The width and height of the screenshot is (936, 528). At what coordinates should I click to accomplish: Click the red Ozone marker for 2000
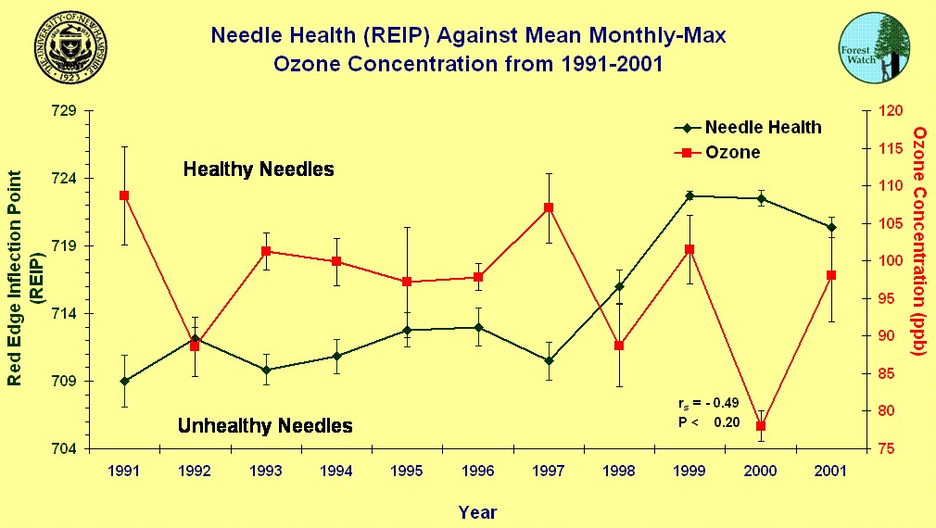(x=761, y=426)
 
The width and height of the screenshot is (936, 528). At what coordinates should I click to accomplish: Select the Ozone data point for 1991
(x=124, y=195)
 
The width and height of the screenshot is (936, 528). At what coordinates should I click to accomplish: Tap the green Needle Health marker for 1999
(x=689, y=195)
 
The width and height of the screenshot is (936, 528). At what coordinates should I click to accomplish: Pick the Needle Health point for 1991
(x=124, y=381)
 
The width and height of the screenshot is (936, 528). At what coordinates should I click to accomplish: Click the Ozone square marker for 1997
(x=549, y=207)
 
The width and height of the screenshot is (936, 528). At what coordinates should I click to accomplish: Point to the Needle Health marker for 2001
(x=831, y=227)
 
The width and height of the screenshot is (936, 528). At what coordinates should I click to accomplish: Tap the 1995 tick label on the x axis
(x=407, y=471)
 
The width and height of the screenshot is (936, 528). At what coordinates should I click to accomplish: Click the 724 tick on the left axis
(x=64, y=178)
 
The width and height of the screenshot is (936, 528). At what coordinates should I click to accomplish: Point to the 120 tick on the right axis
(x=890, y=111)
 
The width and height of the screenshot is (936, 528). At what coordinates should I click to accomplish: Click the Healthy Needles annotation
(x=259, y=170)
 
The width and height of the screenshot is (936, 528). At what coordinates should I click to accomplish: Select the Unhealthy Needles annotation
(x=265, y=426)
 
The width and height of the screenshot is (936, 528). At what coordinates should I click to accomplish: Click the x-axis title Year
(x=477, y=512)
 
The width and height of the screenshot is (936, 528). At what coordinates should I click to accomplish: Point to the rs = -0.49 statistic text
(x=709, y=404)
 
